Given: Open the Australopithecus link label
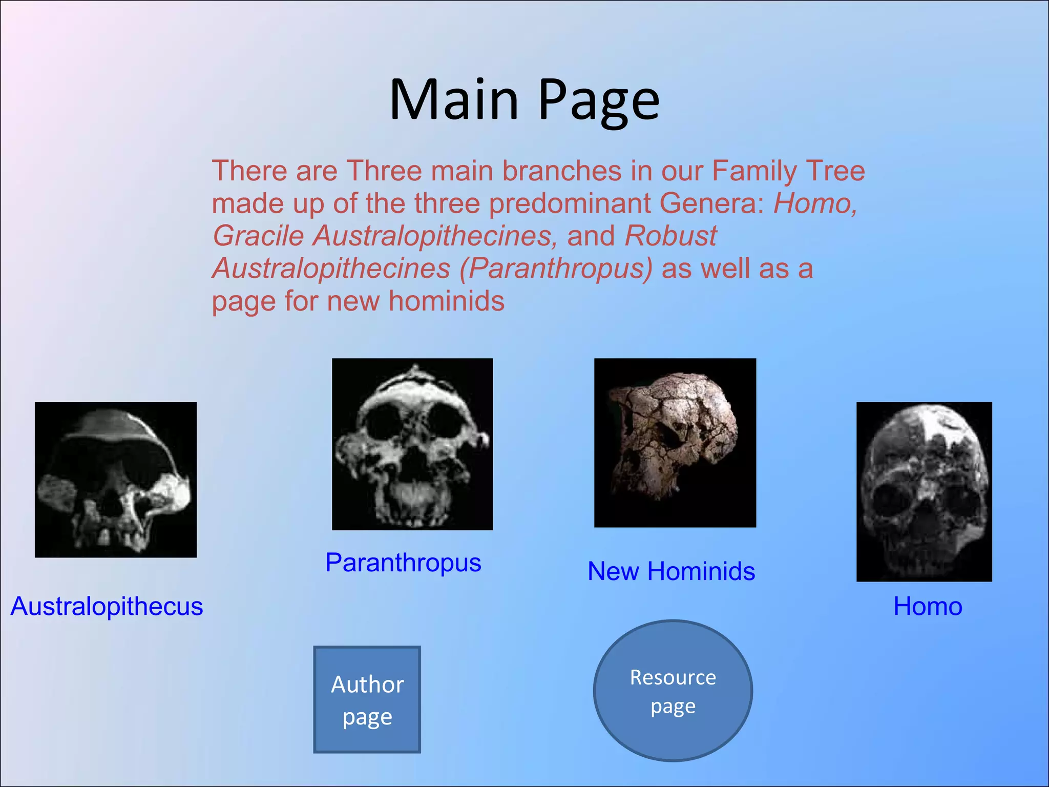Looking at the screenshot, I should pyautogui.click(x=107, y=607).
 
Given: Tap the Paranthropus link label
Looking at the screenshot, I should pyautogui.click(x=403, y=563).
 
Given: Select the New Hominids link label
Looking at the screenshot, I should pyautogui.click(x=671, y=571).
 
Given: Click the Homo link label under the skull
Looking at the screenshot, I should pyautogui.click(x=928, y=607).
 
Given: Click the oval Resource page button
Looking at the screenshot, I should pyautogui.click(x=673, y=691).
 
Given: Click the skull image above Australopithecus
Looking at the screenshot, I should pyautogui.click(x=116, y=480).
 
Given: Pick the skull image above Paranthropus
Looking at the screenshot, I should pyautogui.click(x=412, y=444).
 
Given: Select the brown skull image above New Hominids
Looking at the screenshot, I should pyautogui.click(x=675, y=443).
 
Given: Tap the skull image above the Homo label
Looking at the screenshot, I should pyautogui.click(x=924, y=491).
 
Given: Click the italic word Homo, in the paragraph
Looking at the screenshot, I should pyautogui.click(x=814, y=204).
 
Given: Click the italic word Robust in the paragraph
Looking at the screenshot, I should pyautogui.click(x=670, y=236).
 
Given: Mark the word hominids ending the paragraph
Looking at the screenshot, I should pyautogui.click(x=446, y=301).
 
